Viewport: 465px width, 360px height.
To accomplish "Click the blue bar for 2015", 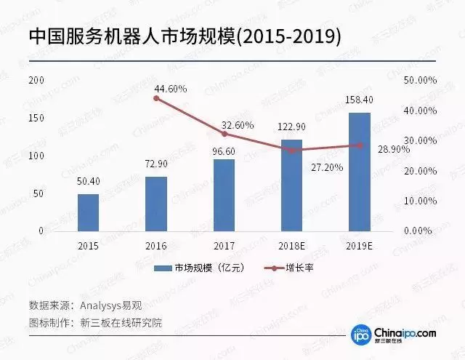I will pyautogui.click(x=89, y=212).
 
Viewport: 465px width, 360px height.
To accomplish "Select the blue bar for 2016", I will pyautogui.click(x=156, y=204).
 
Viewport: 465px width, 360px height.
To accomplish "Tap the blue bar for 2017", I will pyautogui.click(x=224, y=195).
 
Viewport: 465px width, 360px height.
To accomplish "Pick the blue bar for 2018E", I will pyautogui.click(x=291, y=185).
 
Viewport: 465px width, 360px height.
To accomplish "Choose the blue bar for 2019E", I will pyautogui.click(x=360, y=172).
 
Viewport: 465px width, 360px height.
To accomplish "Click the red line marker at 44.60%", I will pyautogui.click(x=156, y=97).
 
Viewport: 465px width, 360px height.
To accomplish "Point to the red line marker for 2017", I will pyautogui.click(x=224, y=134).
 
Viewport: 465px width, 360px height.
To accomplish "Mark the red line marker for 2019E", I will pyautogui.click(x=360, y=145).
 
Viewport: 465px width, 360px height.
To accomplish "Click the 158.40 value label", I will pyautogui.click(x=360, y=100).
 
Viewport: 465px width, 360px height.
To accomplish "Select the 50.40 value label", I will pyautogui.click(x=89, y=183).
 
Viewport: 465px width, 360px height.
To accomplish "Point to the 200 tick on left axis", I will pyautogui.click(x=36, y=80).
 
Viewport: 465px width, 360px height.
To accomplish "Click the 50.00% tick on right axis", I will pyautogui.click(x=419, y=80).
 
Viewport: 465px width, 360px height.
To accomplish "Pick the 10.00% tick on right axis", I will pyautogui.click(x=419, y=201).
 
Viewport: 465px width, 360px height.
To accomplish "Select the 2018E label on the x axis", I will pyautogui.click(x=291, y=246).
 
